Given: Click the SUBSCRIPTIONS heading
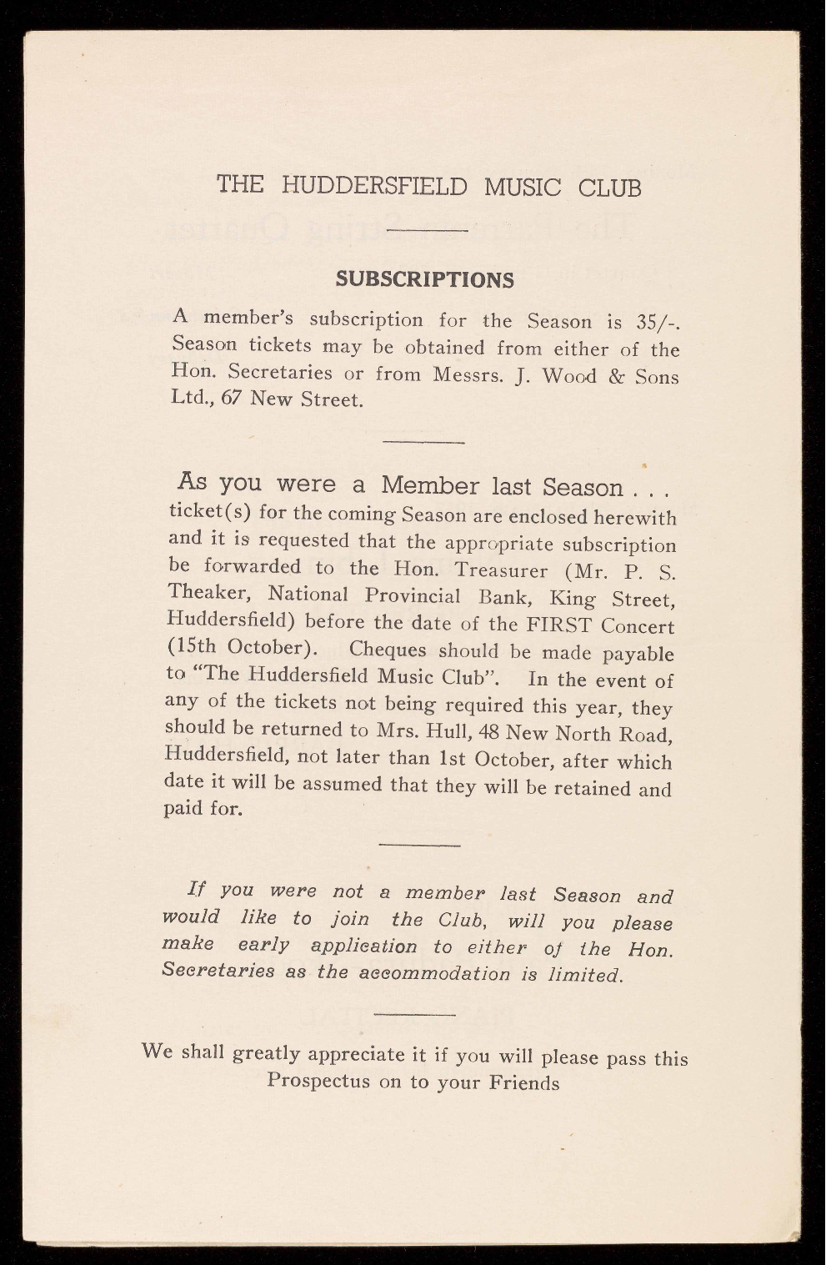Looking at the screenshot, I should point(424,279).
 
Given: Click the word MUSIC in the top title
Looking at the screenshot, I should point(522,185).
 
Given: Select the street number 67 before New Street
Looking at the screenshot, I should point(231,399).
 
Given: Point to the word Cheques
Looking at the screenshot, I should point(388,650).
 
